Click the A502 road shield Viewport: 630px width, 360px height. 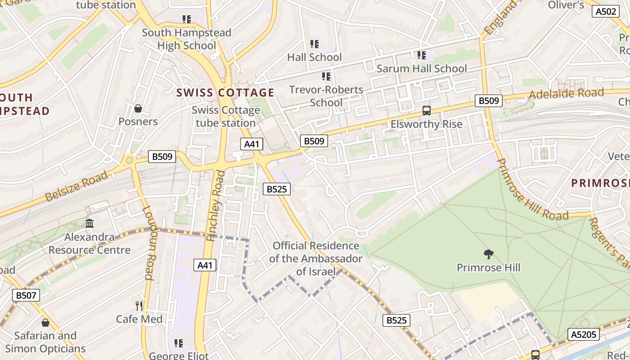(x=606, y=12)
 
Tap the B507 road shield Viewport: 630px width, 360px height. (x=26, y=295)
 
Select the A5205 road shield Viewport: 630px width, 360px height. (x=584, y=334)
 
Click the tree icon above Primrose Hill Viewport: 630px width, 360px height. (x=488, y=255)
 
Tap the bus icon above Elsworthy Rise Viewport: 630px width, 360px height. (x=426, y=111)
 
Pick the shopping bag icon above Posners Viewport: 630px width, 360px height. (x=138, y=108)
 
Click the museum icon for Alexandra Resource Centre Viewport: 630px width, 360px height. (x=90, y=224)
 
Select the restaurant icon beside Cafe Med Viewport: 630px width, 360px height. (x=139, y=306)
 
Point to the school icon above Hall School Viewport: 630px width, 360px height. (x=315, y=44)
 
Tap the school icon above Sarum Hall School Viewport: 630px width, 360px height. (x=422, y=55)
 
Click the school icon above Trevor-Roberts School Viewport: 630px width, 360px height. (x=326, y=76)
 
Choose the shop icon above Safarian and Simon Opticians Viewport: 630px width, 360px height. (x=45, y=323)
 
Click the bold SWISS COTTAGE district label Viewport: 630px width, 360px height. (x=225, y=93)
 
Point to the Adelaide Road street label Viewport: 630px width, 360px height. (x=566, y=94)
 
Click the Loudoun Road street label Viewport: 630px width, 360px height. (x=148, y=243)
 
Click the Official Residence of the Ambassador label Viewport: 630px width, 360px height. (x=316, y=259)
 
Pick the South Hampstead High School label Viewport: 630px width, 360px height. (x=186, y=39)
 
